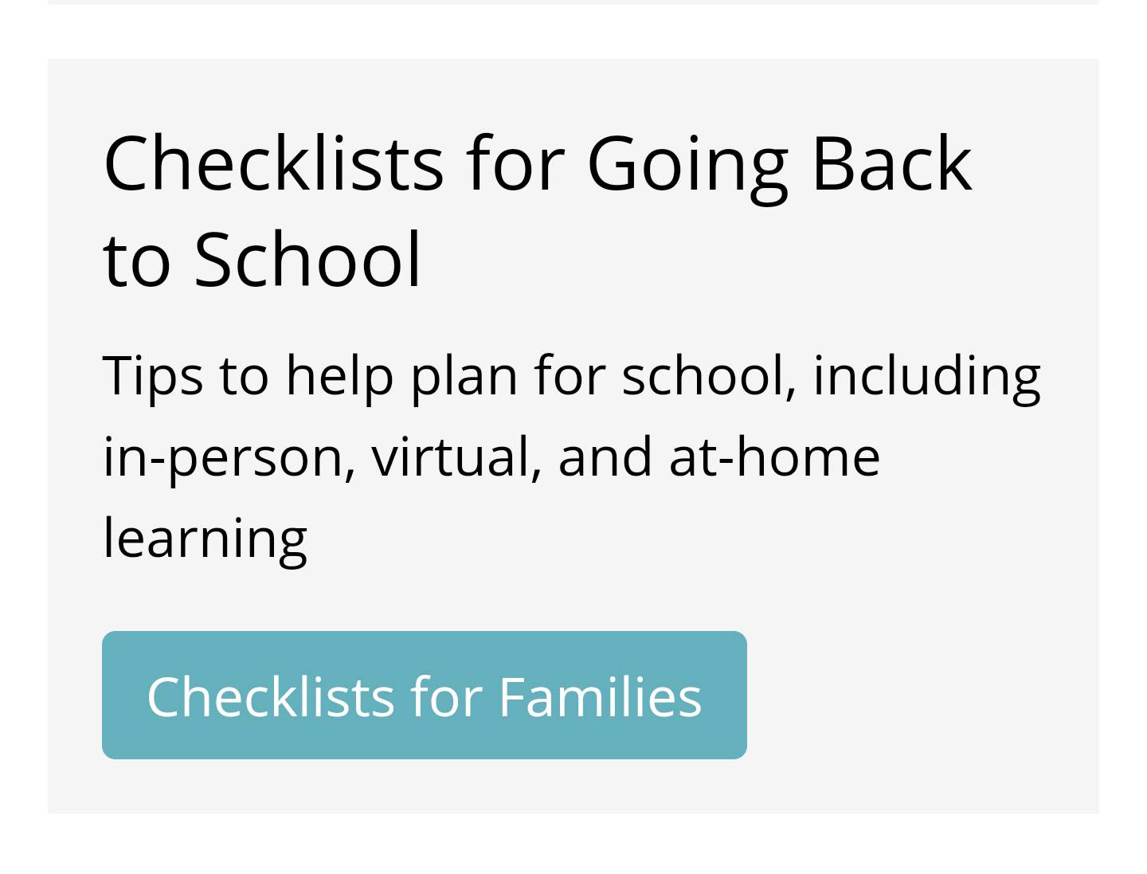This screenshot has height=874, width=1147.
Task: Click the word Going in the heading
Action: pos(687,168)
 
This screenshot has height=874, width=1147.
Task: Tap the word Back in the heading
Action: pos(893,163)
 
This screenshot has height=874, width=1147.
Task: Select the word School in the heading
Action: pos(307,259)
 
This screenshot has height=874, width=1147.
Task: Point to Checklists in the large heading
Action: pos(273,163)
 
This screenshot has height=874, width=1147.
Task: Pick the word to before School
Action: pos(137,261)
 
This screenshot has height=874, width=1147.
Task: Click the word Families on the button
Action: pos(601,697)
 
